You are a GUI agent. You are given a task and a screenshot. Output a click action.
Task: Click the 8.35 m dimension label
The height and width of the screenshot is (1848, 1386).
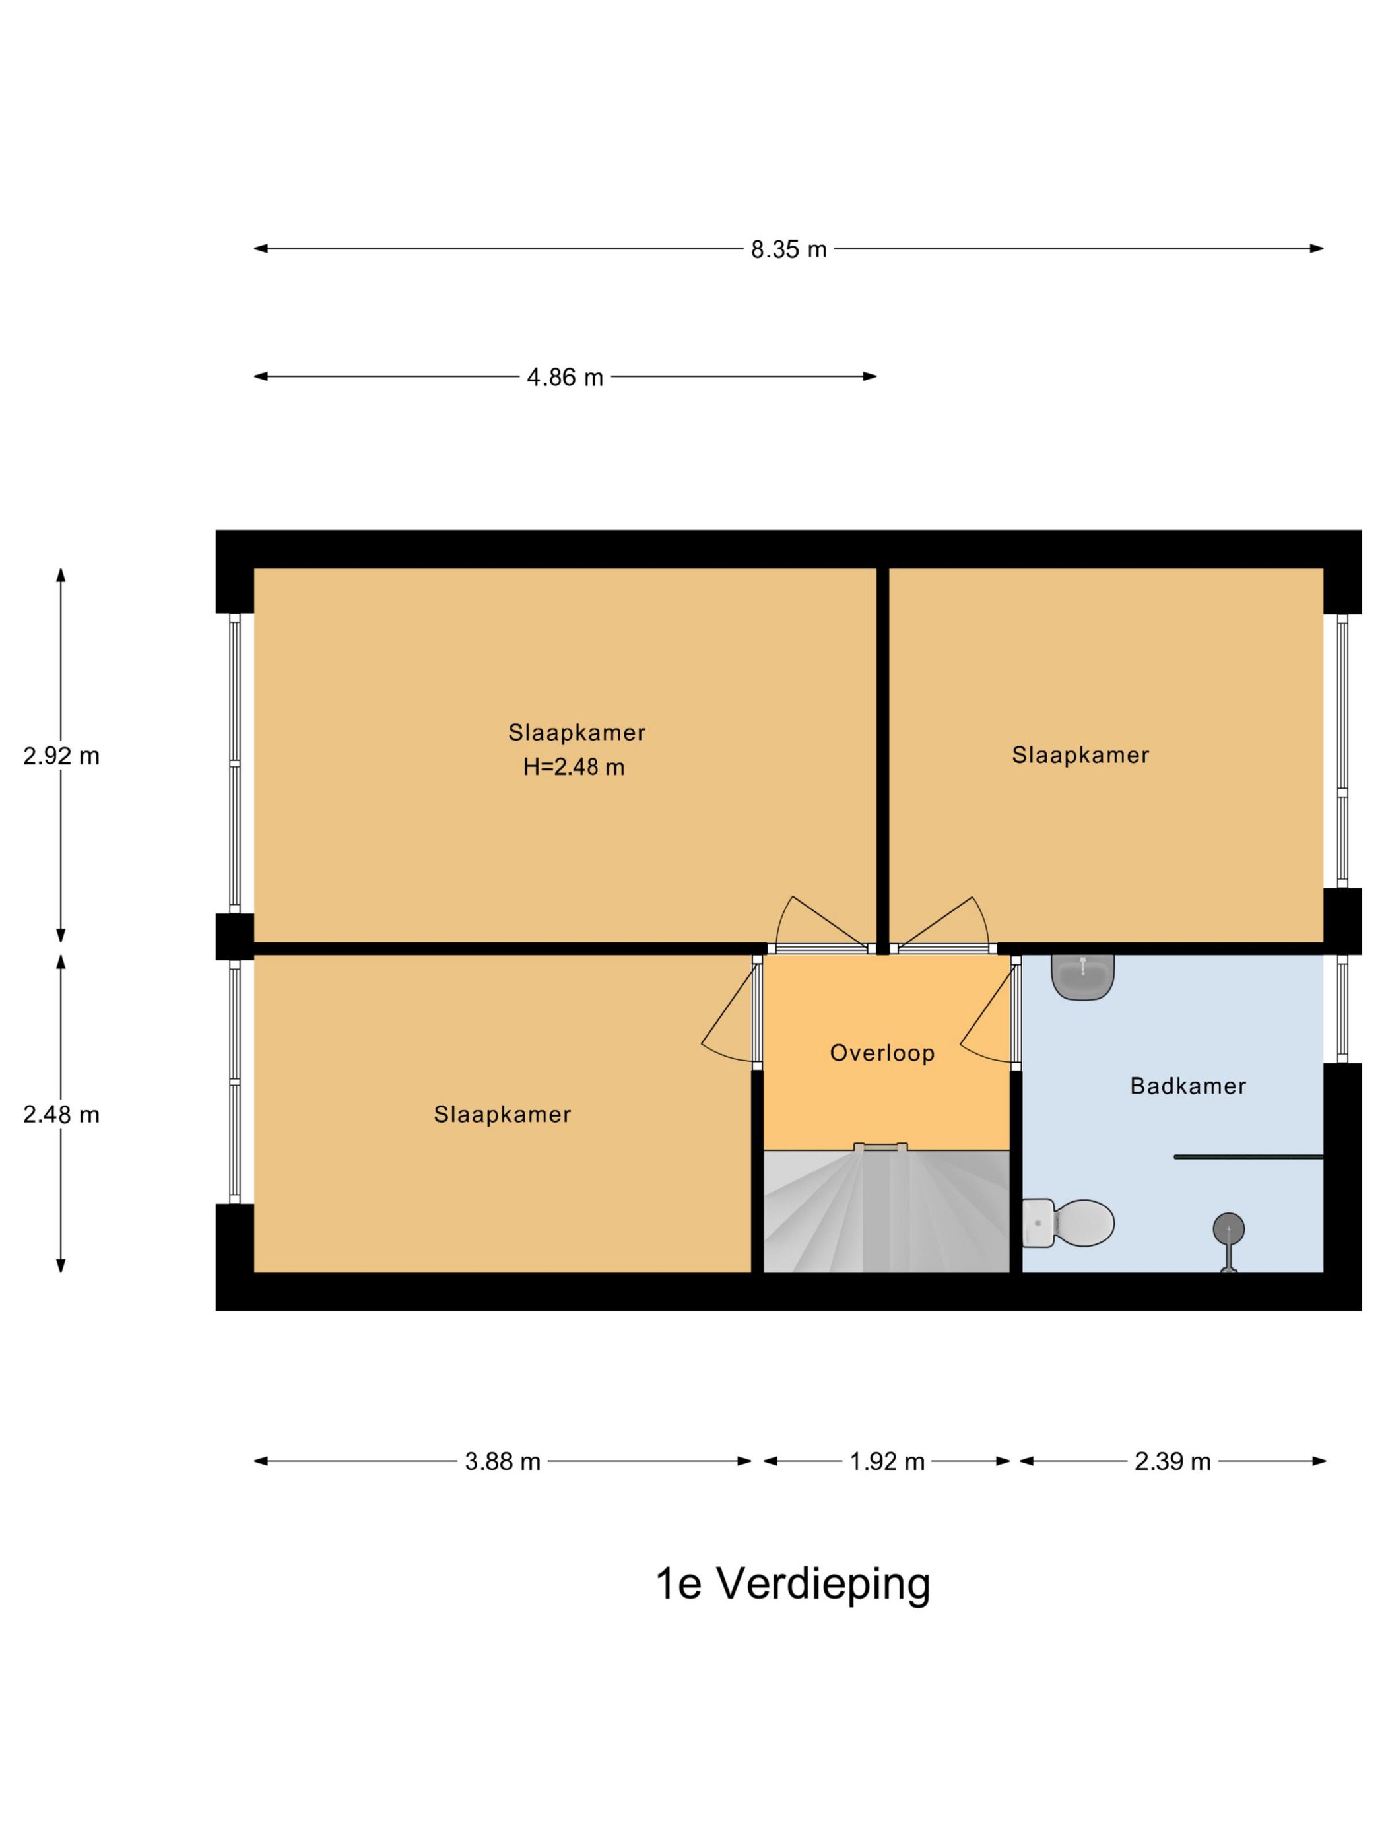click(788, 249)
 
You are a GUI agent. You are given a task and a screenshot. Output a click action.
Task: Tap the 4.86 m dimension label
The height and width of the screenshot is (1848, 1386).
click(565, 377)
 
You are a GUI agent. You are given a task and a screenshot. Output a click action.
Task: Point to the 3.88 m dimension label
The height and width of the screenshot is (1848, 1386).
click(503, 1461)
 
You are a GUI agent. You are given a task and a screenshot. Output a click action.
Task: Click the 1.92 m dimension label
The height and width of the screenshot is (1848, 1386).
click(887, 1461)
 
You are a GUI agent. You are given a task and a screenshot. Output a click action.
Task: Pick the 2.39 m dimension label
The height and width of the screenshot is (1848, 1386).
click(1172, 1461)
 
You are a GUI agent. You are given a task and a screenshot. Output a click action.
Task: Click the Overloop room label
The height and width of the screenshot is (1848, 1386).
click(882, 1053)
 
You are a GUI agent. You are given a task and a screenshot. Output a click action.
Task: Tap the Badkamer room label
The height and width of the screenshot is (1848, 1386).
click(1188, 1086)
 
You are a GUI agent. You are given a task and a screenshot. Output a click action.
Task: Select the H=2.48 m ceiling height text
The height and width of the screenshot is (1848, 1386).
click(574, 767)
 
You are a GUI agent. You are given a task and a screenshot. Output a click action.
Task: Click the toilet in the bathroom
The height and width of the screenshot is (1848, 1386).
click(1069, 1224)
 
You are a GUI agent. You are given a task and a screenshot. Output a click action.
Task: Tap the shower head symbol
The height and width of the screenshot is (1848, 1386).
click(1228, 1245)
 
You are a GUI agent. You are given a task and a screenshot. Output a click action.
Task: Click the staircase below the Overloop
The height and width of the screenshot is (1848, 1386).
click(887, 1211)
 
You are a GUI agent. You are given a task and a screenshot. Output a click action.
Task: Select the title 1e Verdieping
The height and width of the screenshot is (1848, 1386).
click(793, 1583)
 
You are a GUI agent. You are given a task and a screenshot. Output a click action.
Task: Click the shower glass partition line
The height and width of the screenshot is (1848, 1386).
click(1248, 1157)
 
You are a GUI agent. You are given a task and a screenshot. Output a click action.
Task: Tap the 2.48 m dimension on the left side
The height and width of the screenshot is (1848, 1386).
click(61, 1115)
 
